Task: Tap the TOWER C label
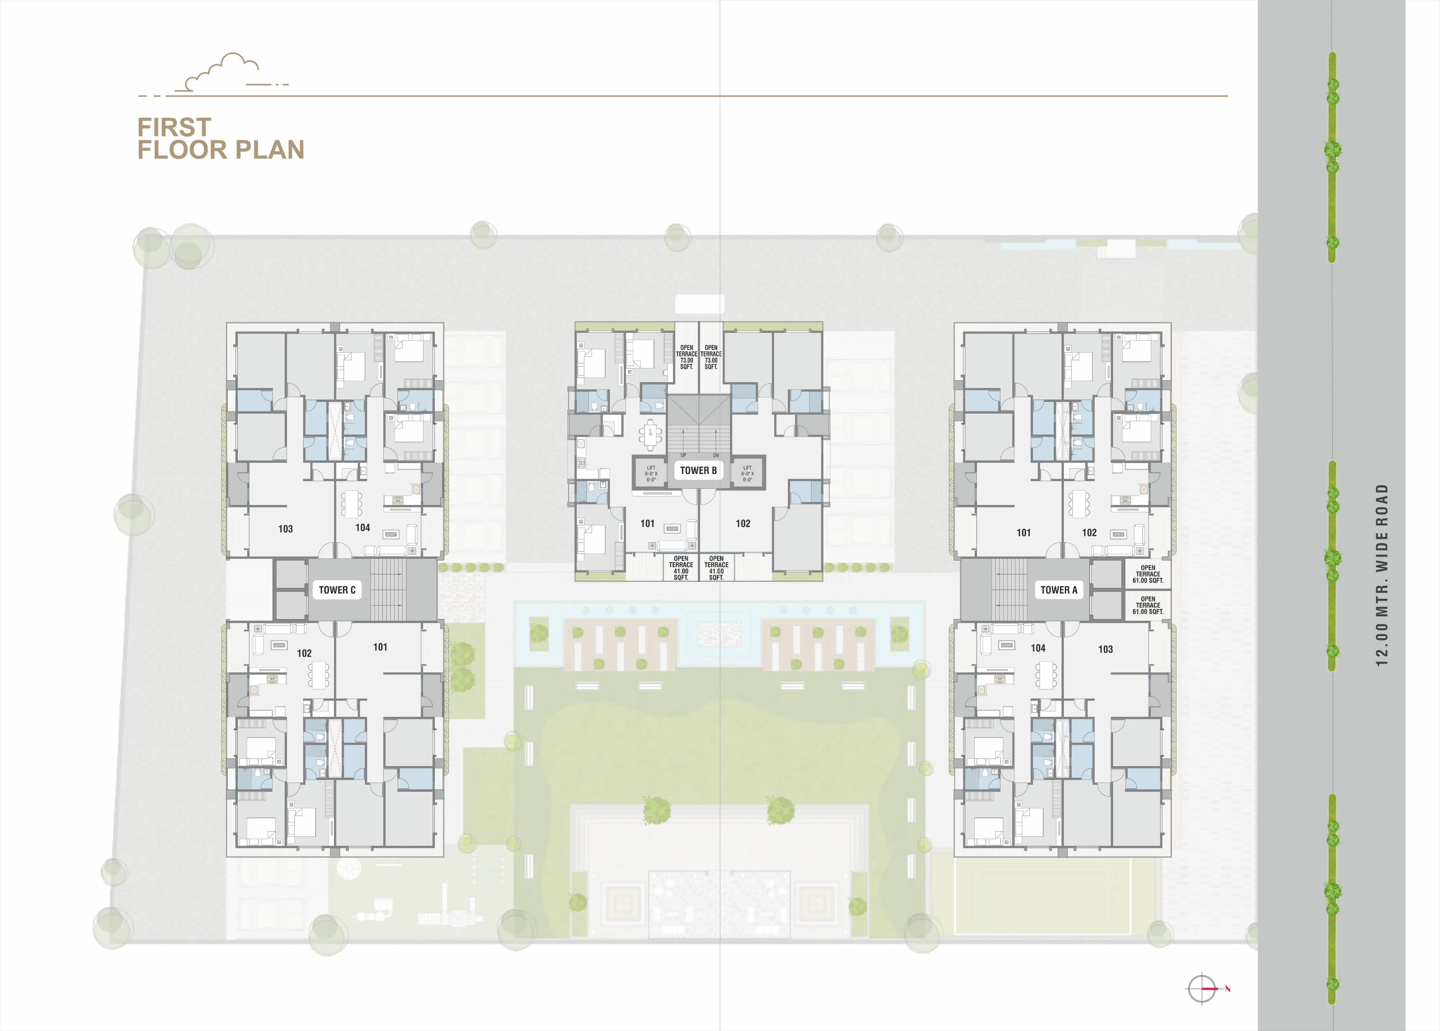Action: [x=337, y=590]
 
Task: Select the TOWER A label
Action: [x=1058, y=590]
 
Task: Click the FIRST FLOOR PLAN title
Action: [x=220, y=138]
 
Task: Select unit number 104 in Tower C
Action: [x=363, y=528]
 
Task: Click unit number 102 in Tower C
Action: [x=304, y=653]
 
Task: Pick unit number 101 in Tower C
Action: [x=380, y=647]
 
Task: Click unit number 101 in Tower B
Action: [x=647, y=524]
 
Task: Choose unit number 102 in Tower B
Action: [x=743, y=524]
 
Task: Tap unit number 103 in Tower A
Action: [x=1105, y=649]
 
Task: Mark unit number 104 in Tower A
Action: [x=1038, y=648]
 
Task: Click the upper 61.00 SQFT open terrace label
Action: [x=1148, y=574]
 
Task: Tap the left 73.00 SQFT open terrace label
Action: [x=686, y=357]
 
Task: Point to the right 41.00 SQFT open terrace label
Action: [x=716, y=568]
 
